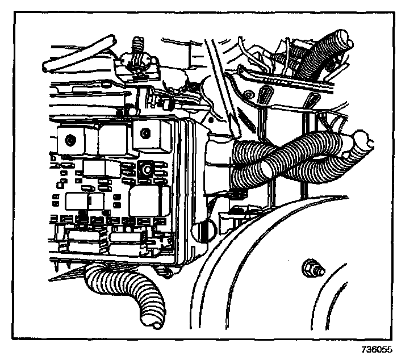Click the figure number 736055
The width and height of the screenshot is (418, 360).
click(376, 350)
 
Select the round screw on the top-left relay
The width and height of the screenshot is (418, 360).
click(69, 139)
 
